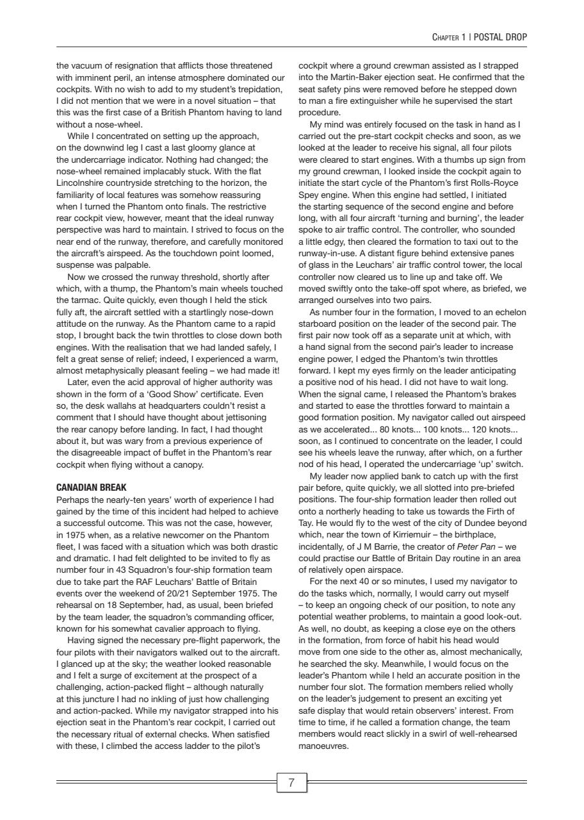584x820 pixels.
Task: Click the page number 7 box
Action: [291, 783]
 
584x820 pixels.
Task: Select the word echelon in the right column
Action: [507, 312]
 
